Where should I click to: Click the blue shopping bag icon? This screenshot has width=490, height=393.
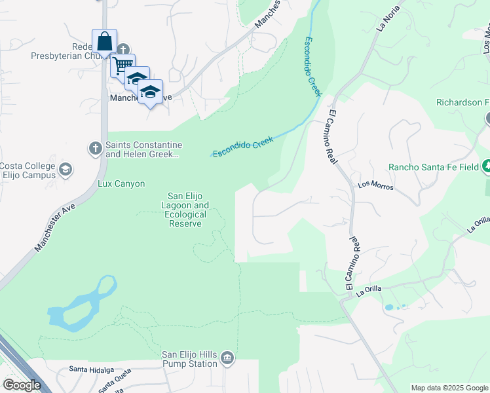pos(105,42)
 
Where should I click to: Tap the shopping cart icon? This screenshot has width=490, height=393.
pos(122,65)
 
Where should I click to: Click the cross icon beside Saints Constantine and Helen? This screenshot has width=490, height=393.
pos(95,149)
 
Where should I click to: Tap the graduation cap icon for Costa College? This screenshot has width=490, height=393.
pos(65,170)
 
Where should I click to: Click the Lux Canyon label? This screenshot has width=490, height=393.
pos(121,184)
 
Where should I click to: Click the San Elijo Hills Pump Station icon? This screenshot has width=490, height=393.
pos(227,357)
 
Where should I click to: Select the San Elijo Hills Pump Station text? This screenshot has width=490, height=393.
pos(190,359)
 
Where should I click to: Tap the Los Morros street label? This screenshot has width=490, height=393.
pos(375,186)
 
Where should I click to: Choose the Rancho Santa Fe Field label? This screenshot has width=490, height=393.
pos(433,167)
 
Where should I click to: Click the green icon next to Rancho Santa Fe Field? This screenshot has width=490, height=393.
pos(486,166)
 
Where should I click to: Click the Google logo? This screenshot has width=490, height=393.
pos(22,386)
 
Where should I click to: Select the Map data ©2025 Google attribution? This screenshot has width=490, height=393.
pos(449,388)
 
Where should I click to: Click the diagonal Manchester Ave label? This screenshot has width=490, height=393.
pos(56,227)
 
